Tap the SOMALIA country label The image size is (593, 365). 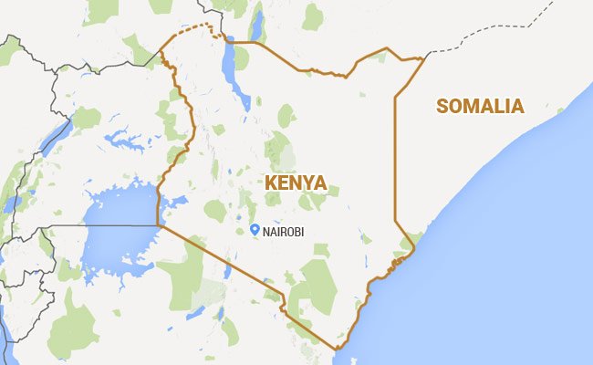(x=480, y=106)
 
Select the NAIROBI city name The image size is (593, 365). (x=283, y=231)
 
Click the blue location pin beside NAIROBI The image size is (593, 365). (x=255, y=229)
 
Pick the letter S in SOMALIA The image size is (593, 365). (x=443, y=106)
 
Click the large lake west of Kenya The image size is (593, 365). (x=119, y=228)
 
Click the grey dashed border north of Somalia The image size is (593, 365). (x=493, y=36)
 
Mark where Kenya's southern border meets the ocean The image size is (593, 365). (x=337, y=348)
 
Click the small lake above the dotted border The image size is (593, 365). (x=256, y=25)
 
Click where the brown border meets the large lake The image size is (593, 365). (x=159, y=224)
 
